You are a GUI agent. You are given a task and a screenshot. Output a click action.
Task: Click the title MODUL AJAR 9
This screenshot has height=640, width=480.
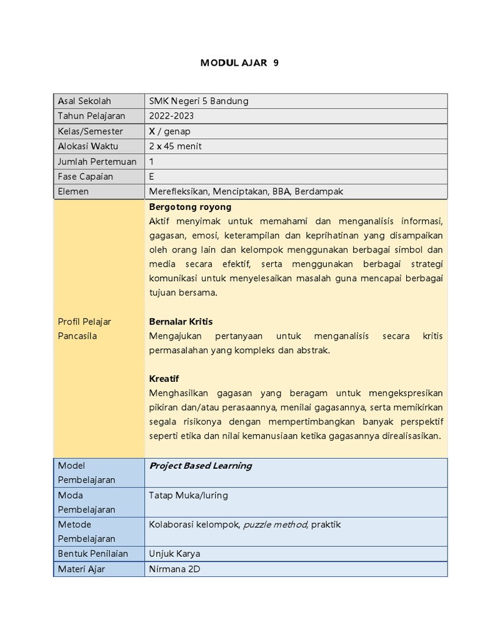(x=239, y=63)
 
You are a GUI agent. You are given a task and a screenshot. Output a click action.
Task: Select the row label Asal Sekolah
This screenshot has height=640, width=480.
(x=84, y=101)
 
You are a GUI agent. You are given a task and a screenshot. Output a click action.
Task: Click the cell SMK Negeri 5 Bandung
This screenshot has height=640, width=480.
(x=199, y=101)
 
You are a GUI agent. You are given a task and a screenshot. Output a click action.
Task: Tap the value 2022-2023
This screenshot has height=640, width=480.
(x=171, y=116)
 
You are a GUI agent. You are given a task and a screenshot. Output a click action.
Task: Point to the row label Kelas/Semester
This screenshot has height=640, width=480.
(x=91, y=131)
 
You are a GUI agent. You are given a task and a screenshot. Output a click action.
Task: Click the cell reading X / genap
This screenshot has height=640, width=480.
(x=169, y=131)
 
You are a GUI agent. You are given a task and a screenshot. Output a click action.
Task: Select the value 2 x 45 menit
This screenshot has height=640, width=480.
(x=175, y=146)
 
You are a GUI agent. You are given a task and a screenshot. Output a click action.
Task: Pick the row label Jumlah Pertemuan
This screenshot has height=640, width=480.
(x=97, y=161)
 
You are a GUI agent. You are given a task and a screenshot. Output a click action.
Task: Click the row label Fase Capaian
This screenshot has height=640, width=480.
(x=86, y=176)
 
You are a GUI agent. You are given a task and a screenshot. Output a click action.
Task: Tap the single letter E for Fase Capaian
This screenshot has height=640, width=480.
(x=152, y=176)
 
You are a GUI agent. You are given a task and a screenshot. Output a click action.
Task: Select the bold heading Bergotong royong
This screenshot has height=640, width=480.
(x=190, y=206)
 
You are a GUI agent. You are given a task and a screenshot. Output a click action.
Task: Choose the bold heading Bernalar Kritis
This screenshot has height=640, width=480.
(x=181, y=321)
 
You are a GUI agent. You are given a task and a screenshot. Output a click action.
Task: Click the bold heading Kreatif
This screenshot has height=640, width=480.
(x=164, y=379)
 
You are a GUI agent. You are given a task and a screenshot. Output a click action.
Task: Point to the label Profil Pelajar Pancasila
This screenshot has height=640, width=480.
(x=84, y=329)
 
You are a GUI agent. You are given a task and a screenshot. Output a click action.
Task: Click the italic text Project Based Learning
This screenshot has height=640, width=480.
(x=200, y=466)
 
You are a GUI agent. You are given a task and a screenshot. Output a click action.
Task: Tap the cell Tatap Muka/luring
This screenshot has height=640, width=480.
(x=188, y=495)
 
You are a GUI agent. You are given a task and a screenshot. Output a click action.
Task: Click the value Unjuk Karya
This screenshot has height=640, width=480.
(x=174, y=554)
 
